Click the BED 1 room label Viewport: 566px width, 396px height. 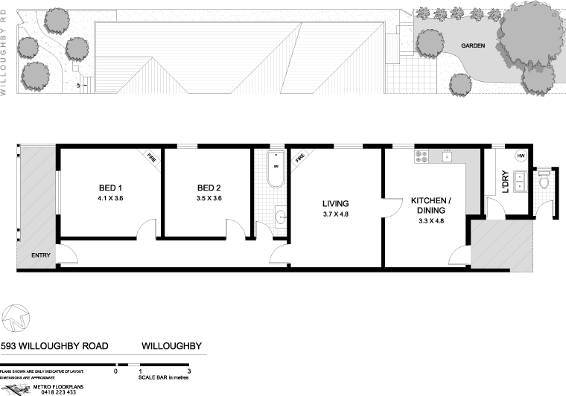pos(110,188)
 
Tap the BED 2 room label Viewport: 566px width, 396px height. pos(209,188)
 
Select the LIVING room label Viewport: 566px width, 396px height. pos(336,203)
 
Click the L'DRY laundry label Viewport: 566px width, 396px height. pos(505,183)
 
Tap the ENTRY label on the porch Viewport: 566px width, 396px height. pos(41,256)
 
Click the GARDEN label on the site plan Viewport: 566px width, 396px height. pos(473,45)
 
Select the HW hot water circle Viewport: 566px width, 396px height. pos(521,155)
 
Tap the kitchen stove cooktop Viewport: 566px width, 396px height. pos(422,157)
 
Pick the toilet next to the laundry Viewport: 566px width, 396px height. pos(544,179)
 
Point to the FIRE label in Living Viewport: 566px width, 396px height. pos(300,158)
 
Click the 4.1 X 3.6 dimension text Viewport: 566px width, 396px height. pos(110,199)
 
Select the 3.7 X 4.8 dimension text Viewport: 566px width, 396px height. pos(336,214)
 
